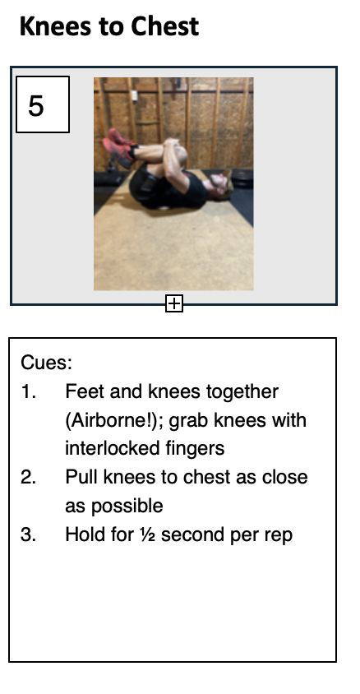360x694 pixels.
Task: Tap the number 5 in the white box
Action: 36,106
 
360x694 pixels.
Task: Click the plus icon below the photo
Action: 174,303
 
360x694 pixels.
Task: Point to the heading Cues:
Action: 46,363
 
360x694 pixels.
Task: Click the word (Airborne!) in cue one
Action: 114,420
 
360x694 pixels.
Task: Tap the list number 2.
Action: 28,477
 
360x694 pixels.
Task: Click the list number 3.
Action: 28,534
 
